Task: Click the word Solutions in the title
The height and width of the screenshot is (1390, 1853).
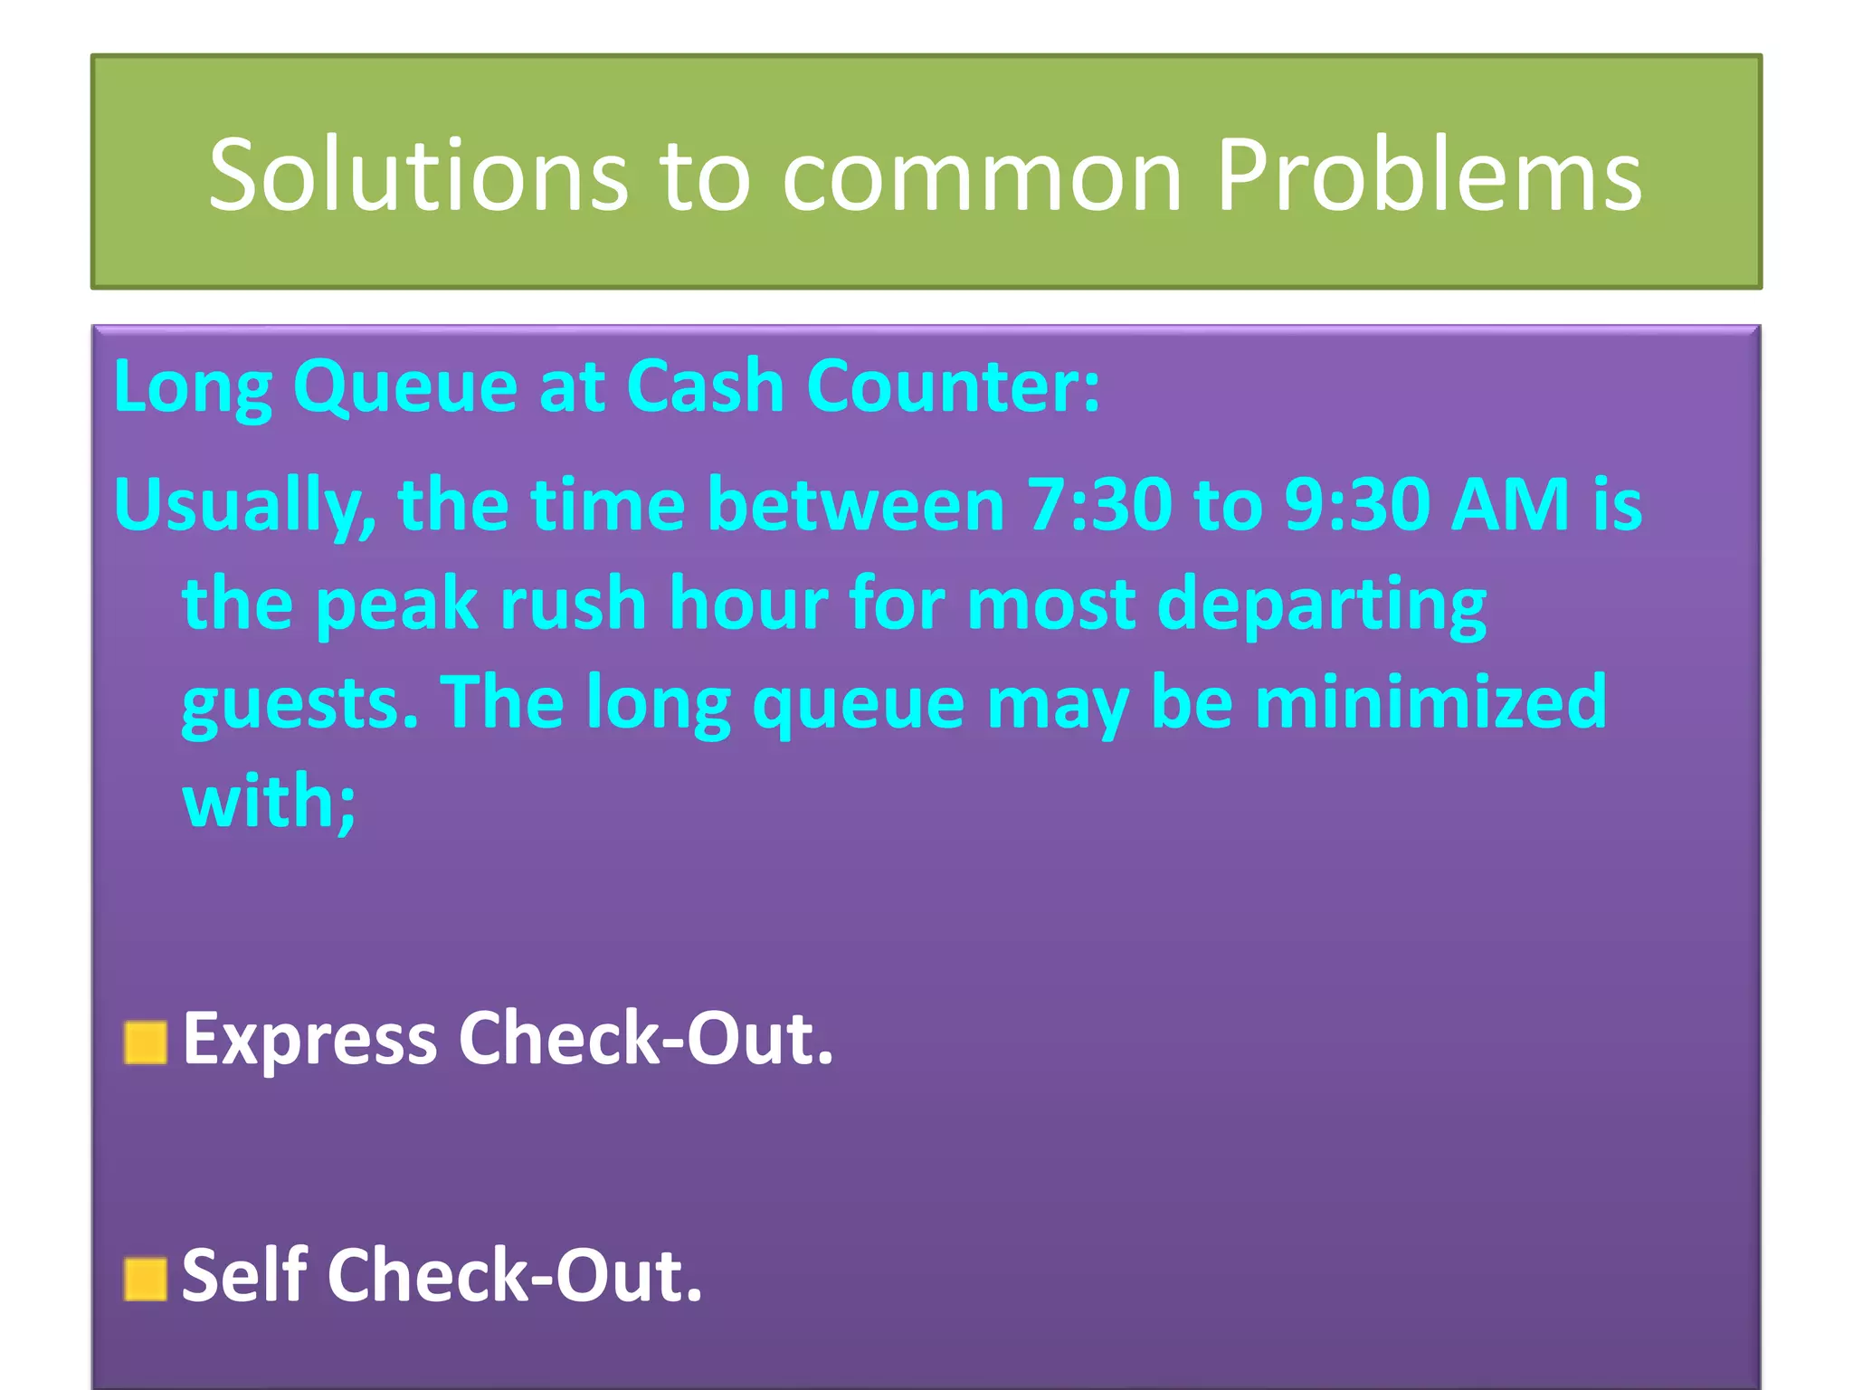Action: coord(417,174)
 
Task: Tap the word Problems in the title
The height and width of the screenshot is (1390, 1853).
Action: coord(1429,174)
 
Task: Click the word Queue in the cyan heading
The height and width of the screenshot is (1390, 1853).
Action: coord(404,387)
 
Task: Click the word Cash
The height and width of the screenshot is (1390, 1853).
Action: coord(705,386)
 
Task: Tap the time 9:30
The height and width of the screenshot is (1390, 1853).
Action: coord(1356,503)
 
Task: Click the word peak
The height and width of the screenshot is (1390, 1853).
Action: coord(396,605)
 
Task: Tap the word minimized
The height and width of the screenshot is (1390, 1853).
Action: coord(1431,702)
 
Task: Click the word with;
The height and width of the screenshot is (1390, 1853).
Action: coord(270,802)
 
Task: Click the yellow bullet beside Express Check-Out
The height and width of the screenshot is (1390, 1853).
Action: coord(146,1042)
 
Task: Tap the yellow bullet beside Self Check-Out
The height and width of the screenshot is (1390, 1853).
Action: coord(146,1279)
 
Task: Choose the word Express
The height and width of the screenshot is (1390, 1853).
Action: coord(310,1039)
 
